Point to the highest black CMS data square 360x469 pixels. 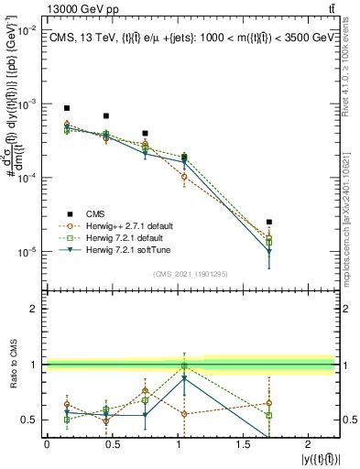tap(67, 108)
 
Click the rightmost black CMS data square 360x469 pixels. tap(268, 222)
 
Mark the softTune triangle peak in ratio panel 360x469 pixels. tap(185, 377)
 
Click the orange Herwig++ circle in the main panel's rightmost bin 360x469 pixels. tap(268, 240)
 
